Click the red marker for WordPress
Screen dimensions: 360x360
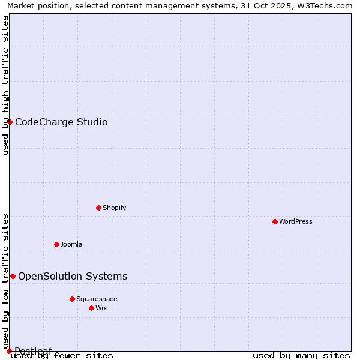coord(275,221)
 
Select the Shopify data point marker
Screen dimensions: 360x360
coord(98,208)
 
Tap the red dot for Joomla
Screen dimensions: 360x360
coord(56,244)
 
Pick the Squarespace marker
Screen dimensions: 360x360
coord(72,299)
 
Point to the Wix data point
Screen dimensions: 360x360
coord(91,308)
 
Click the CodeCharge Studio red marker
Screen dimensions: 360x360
coord(10,122)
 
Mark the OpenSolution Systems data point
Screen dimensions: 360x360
coord(13,276)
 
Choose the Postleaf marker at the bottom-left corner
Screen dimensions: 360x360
coord(9,351)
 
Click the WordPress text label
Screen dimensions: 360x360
coord(296,221)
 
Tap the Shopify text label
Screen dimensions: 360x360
coord(114,208)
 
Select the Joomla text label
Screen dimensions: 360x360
coord(71,244)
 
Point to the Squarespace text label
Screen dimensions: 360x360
coord(97,299)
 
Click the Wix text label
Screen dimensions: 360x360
coord(101,308)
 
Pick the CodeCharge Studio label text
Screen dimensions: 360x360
coord(61,122)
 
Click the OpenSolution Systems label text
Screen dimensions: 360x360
coord(73,277)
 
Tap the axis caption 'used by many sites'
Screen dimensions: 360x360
coord(301,356)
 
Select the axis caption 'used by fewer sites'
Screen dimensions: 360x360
coord(62,356)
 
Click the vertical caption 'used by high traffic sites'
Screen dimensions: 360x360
coord(5,85)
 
